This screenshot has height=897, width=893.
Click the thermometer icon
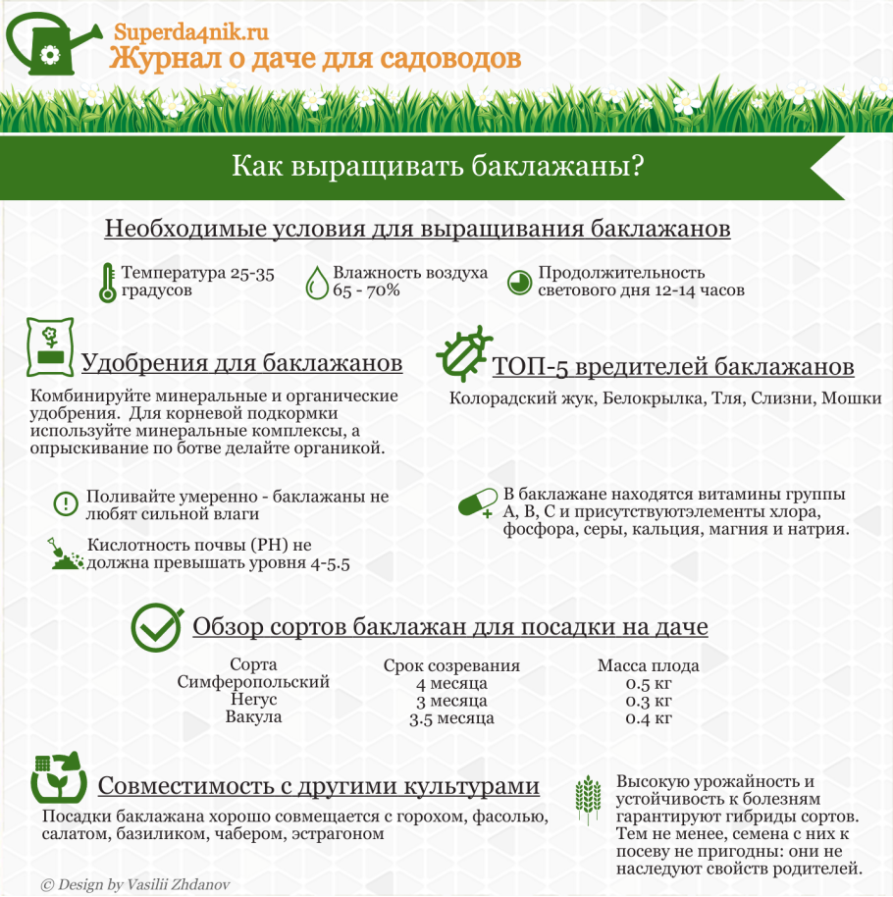coord(107,282)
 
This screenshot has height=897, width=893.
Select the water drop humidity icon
coord(317,282)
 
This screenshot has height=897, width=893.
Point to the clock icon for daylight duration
coord(520,282)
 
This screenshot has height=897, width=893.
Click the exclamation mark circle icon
coord(65,504)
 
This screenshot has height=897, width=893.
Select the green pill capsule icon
coord(479,504)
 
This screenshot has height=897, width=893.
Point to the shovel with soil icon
coord(66,555)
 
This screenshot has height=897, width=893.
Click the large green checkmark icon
coord(157,627)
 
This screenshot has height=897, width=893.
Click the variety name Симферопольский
coord(253,682)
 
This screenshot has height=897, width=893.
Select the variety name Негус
coord(253,700)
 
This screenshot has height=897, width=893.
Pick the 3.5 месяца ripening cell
coord(451,718)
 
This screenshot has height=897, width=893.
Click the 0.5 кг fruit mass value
coord(649,683)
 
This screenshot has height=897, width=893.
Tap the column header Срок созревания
coord(451,665)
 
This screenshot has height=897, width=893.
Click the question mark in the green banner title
coord(636,166)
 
